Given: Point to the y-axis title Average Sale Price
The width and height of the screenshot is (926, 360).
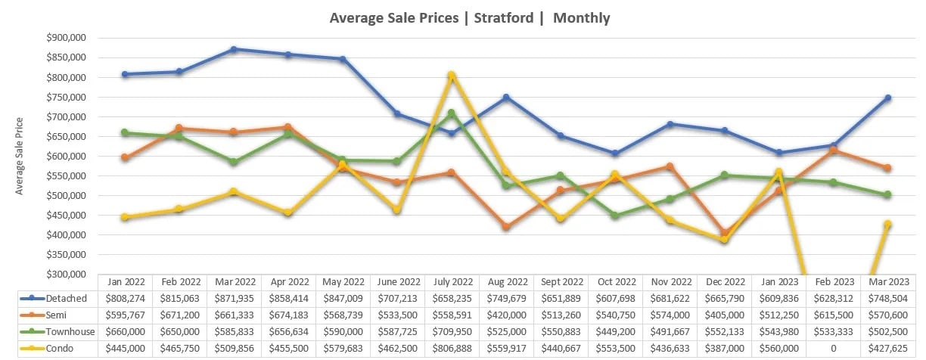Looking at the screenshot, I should coord(20,156).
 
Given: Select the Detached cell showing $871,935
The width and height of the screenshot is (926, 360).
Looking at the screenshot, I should coord(234,299).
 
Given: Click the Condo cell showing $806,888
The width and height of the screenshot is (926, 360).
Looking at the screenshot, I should coord(452,349).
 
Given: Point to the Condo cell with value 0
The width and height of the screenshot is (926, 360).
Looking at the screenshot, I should coord(833,349).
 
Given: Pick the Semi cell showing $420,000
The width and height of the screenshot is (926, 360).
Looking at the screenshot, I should coord(506,315).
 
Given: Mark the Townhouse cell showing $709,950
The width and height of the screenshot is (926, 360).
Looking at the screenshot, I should coord(452,332).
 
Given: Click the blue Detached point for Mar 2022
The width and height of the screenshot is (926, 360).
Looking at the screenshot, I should coord(234,49).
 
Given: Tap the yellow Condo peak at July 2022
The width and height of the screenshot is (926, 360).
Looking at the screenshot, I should coord(452,75).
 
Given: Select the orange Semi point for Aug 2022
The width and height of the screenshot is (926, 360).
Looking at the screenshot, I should coord(506,227).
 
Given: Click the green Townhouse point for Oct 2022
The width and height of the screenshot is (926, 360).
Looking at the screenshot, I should coord(615,216).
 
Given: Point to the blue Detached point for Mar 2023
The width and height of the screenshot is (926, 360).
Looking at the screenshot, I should coord(887,98).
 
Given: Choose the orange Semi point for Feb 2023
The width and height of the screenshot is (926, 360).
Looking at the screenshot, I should coord(833,150).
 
